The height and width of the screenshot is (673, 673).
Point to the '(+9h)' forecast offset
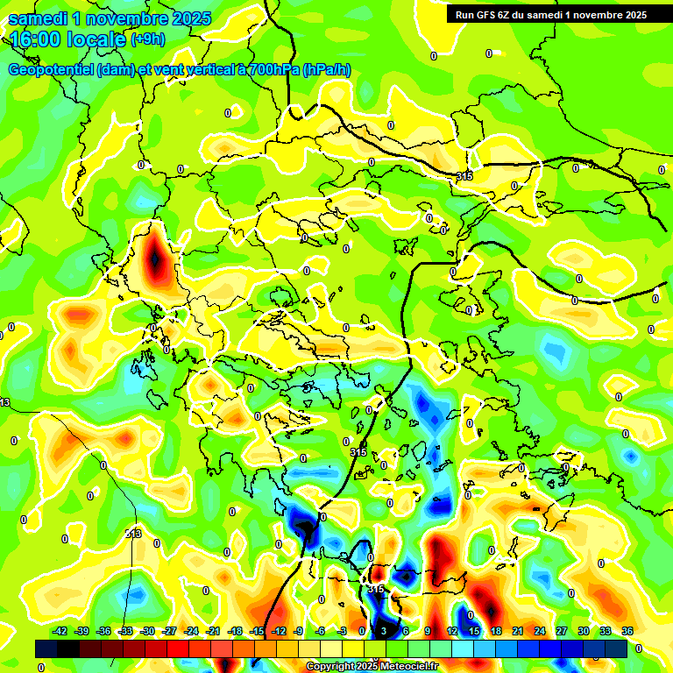coord(147,39)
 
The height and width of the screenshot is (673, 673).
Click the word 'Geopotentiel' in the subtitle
coord(51,70)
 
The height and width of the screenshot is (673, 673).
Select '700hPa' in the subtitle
coord(273,70)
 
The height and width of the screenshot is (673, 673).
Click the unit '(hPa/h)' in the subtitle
coord(327,70)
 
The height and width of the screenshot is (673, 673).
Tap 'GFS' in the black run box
coord(486,15)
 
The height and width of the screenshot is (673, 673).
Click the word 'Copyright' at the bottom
coord(331,667)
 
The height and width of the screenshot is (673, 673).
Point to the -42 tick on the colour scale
coord(60,632)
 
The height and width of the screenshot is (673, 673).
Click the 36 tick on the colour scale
coord(627,632)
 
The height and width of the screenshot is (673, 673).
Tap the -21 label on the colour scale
coord(213,632)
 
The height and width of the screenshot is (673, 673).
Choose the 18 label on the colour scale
coord(496,632)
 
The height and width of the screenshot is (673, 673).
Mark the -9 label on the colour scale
coord(300,632)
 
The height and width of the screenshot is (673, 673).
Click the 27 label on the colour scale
coord(562,632)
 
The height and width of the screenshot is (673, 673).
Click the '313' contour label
coord(133,534)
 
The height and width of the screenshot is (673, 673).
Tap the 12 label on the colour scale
coord(452,632)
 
